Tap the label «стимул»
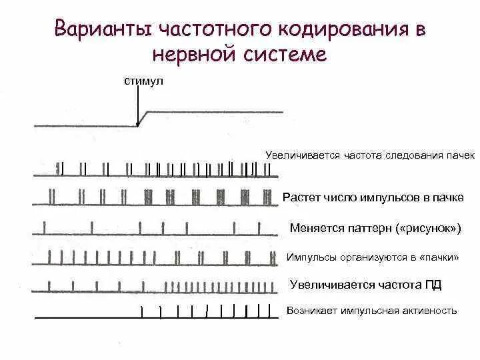[x=143, y=81]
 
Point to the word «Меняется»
[x=317, y=229]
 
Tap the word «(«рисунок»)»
[x=429, y=229]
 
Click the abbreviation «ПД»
[x=433, y=285]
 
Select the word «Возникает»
[x=311, y=311]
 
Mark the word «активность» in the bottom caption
[x=433, y=311]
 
